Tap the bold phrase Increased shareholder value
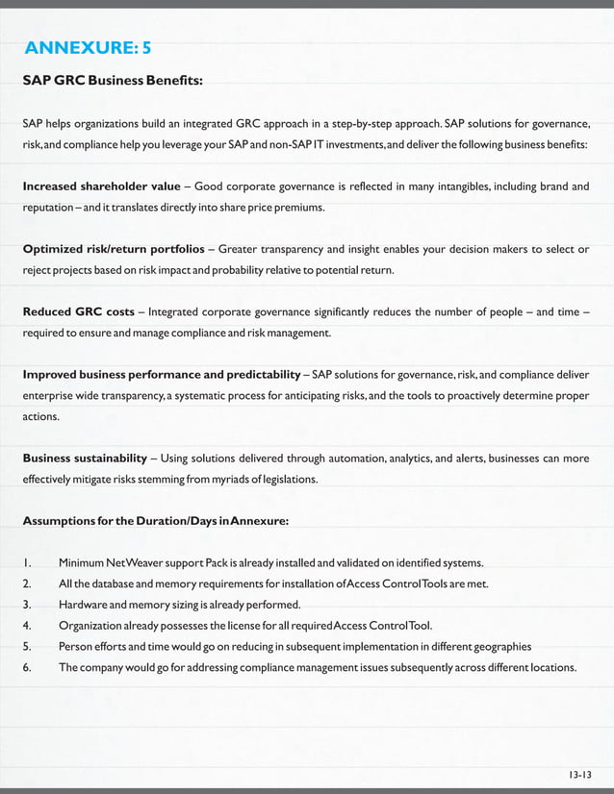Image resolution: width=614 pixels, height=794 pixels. (101, 186)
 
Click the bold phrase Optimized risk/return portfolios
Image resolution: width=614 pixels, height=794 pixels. (113, 250)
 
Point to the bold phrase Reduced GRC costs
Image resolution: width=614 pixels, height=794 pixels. (78, 312)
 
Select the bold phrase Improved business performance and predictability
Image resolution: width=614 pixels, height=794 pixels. (162, 374)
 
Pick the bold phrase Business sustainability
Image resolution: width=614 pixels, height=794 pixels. (85, 458)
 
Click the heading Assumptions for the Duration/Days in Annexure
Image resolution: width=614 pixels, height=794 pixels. (155, 521)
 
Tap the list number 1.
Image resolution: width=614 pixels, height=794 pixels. (28, 562)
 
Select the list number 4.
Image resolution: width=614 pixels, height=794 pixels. (28, 625)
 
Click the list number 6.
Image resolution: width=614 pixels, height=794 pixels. (28, 667)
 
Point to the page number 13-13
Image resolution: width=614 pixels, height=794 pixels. (579, 774)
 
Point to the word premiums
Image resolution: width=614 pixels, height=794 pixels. (292, 208)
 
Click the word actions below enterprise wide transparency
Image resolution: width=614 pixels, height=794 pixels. (41, 417)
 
